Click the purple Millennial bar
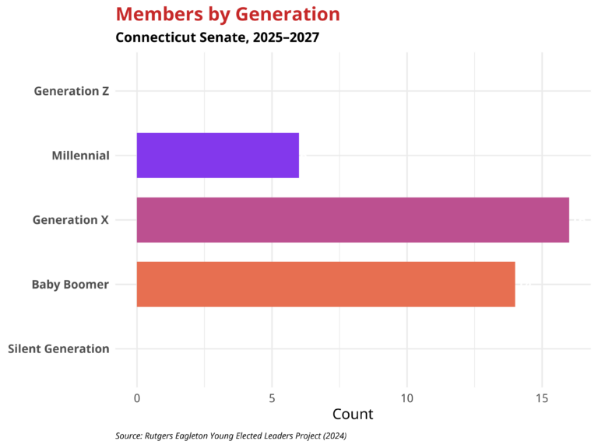coord(218,156)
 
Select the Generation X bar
coord(353,220)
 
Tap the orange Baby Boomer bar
coord(325,285)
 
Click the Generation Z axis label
coord(71,91)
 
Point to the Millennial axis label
coord(80,156)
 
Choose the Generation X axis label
coord(70,220)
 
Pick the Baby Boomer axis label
coord(70,285)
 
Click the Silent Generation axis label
coord(58,348)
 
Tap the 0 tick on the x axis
coord(137,398)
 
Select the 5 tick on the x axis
coord(272,398)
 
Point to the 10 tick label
coord(406,398)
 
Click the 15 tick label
coord(542,398)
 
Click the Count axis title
coord(353,415)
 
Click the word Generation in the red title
coord(285,14)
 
